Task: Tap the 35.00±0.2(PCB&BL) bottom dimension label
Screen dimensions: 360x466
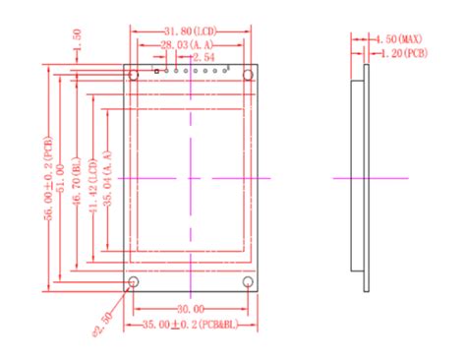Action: pyautogui.click(x=193, y=324)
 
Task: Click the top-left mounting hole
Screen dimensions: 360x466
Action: pyautogui.click(x=133, y=74)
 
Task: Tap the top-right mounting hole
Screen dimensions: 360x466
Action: pyautogui.click(x=250, y=74)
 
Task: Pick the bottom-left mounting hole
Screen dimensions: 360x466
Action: pyautogui.click(x=133, y=283)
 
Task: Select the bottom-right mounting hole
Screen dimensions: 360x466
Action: pyautogui.click(x=250, y=283)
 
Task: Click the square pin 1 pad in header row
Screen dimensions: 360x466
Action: pyautogui.click(x=156, y=72)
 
